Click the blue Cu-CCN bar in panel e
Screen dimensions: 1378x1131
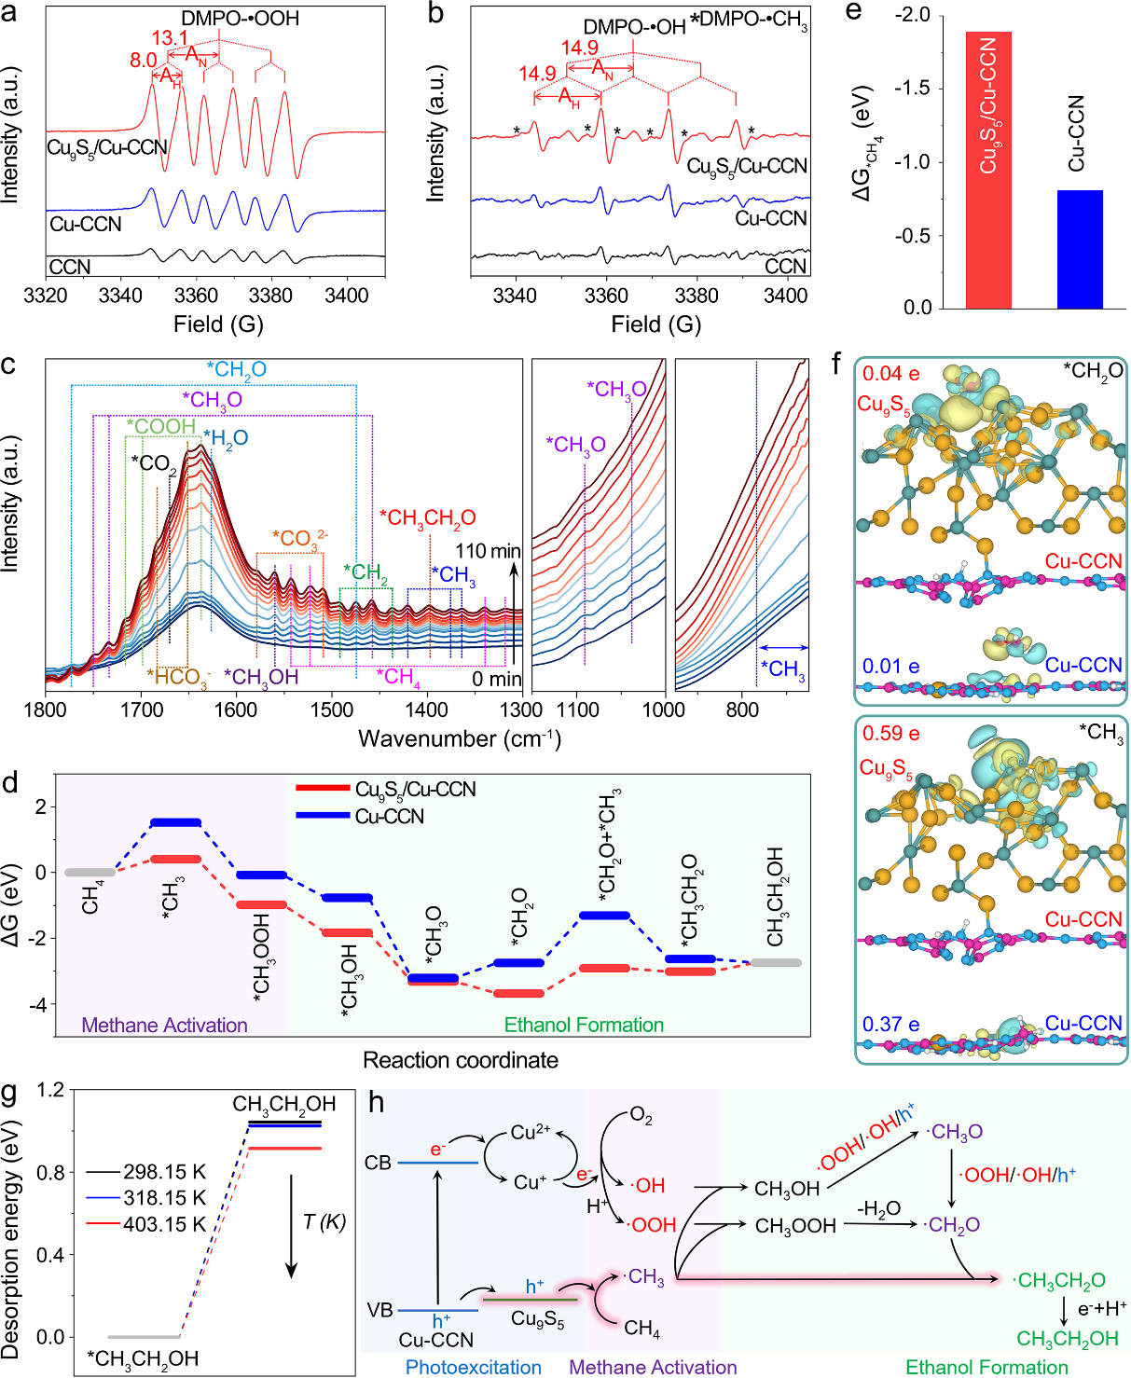point(1080,249)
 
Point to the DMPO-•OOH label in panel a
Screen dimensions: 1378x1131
point(240,18)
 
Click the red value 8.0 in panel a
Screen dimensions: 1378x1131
point(143,60)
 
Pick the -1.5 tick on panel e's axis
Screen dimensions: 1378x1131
point(914,89)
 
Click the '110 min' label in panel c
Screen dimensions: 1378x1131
point(488,551)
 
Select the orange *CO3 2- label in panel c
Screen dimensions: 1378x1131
point(299,539)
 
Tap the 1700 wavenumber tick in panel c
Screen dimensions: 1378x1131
point(142,710)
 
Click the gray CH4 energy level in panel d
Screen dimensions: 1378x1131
point(90,873)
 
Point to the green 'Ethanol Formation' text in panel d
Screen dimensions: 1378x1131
point(584,1025)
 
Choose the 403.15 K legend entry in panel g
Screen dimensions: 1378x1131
point(164,1224)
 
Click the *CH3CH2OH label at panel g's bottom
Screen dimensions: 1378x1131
point(143,1358)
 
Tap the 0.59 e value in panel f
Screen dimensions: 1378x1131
point(890,734)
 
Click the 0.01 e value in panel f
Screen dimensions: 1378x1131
point(890,666)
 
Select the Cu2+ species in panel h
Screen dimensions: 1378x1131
point(531,1133)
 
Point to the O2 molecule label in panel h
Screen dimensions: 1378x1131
point(641,1116)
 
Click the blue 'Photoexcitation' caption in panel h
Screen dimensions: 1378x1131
point(474,1367)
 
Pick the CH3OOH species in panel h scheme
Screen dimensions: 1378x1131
point(795,1226)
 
